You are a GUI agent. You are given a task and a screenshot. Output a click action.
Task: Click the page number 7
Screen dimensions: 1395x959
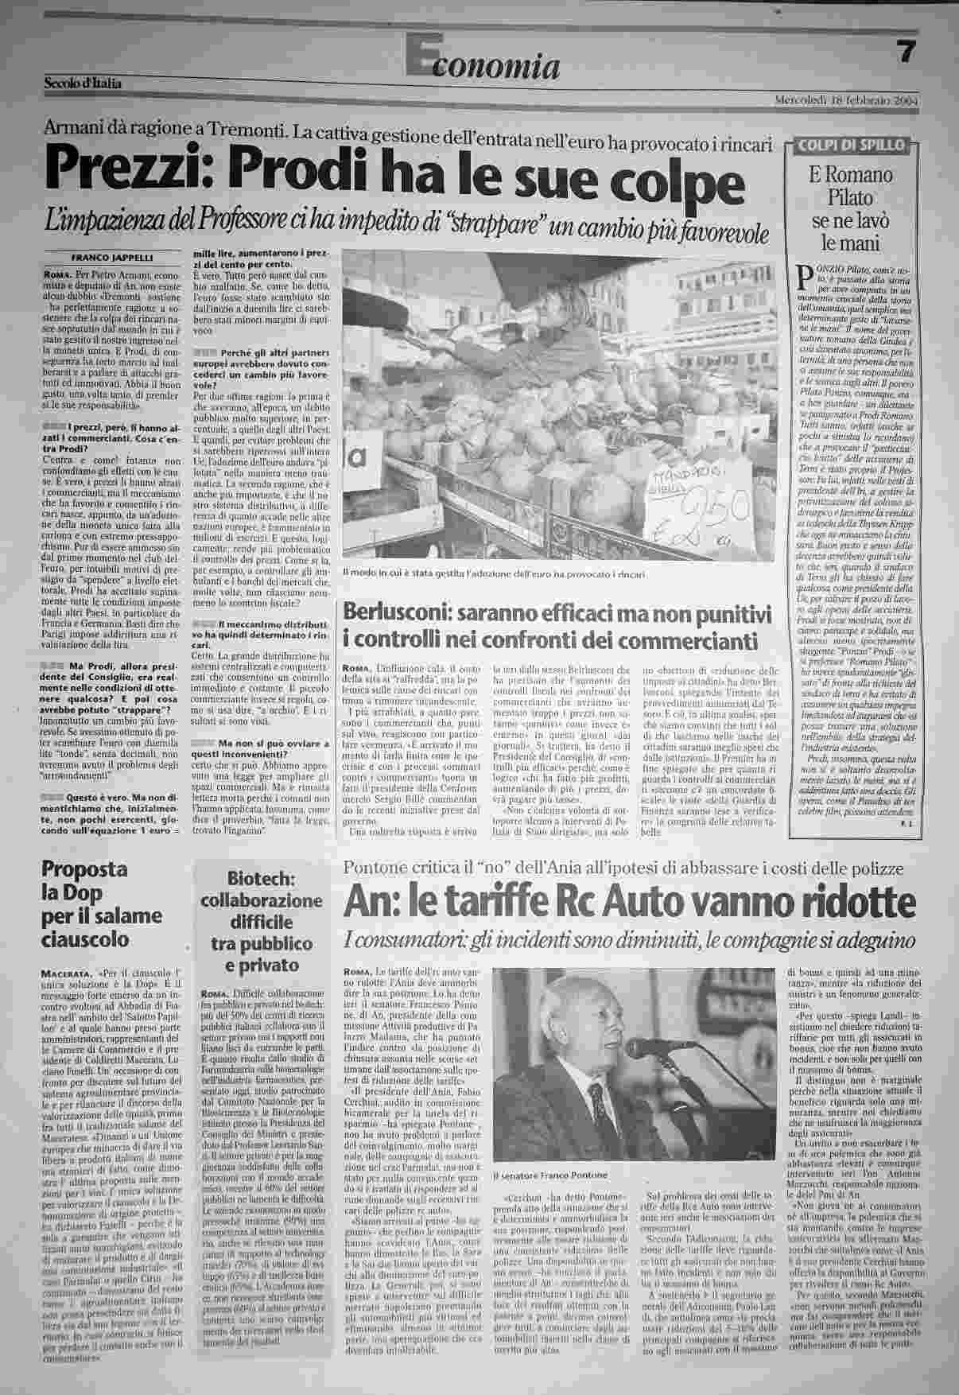[x=906, y=52]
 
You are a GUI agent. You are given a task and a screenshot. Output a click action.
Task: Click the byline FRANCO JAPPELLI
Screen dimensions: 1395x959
[x=111, y=257]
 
